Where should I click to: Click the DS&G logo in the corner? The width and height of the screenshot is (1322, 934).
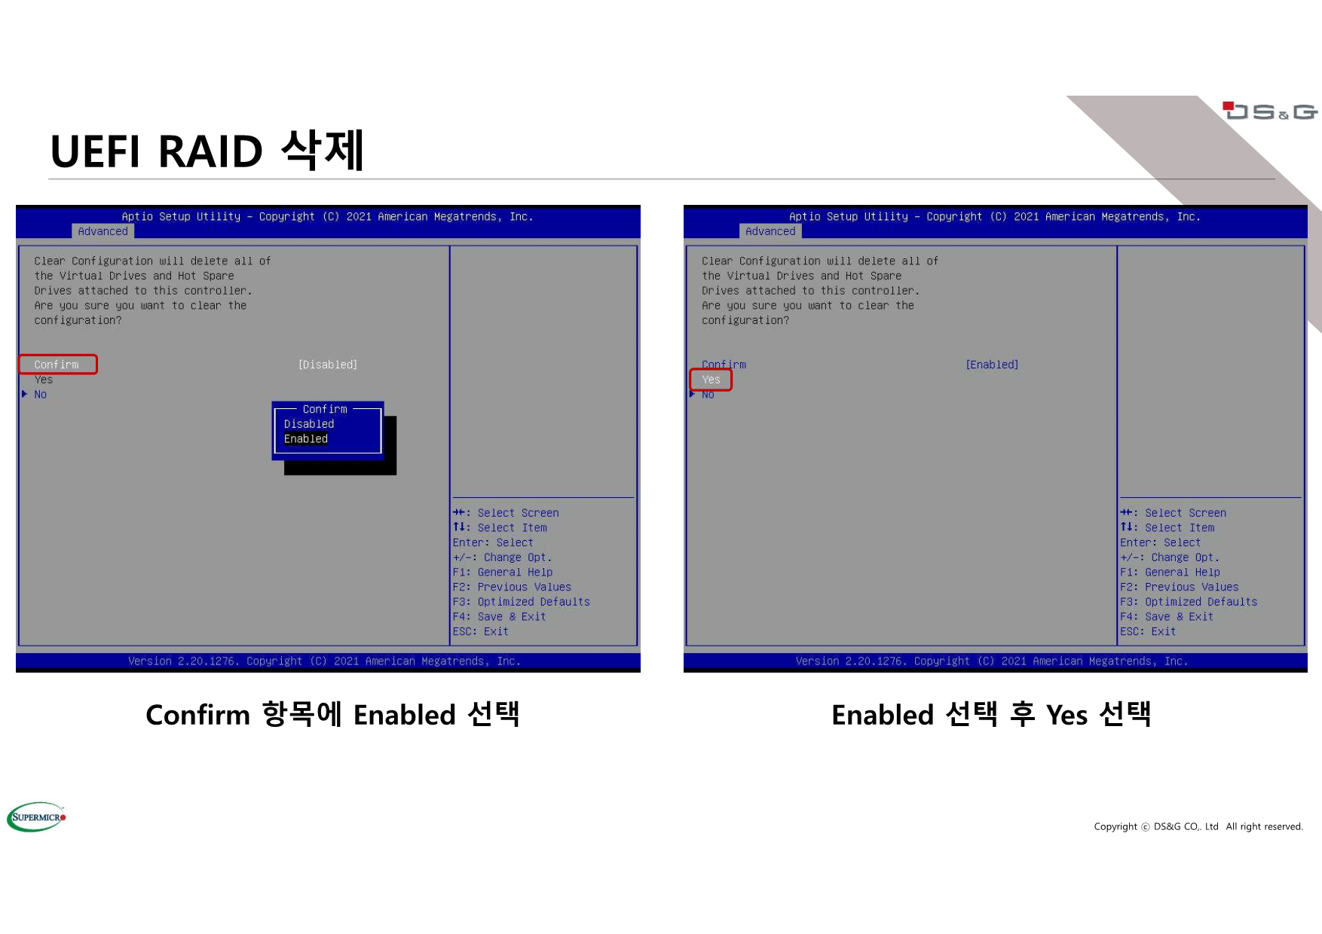point(1270,111)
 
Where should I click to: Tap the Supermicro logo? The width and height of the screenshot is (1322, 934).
point(37,816)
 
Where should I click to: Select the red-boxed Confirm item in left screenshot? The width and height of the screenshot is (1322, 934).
point(58,365)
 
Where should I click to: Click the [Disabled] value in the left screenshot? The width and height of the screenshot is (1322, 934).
point(328,365)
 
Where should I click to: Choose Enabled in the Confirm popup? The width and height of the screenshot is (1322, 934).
point(306,439)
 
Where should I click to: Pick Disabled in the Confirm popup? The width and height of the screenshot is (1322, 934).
point(309,424)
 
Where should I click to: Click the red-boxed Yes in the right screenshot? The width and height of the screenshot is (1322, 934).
point(711,380)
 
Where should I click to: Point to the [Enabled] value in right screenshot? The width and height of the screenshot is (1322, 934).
point(992,365)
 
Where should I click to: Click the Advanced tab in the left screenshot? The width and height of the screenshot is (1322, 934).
point(103,231)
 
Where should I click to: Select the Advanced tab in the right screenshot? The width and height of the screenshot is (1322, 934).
point(770,231)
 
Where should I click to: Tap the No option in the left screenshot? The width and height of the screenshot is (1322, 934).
point(41,395)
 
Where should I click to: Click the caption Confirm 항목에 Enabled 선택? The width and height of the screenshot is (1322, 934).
point(332,714)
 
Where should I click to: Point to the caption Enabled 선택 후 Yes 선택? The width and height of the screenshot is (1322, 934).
point(991,714)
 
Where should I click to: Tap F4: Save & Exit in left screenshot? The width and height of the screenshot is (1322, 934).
point(499,617)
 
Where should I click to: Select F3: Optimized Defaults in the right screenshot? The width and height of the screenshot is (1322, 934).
point(1189,602)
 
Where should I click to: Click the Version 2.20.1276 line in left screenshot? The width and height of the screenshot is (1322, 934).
point(324,661)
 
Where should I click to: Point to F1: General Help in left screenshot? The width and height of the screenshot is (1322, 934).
point(503,572)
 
